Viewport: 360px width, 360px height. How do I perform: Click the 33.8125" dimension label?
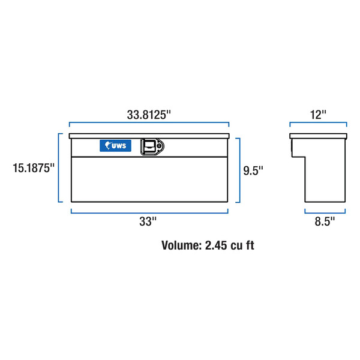coord(149,115)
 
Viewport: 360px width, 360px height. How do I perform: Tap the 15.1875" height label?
coord(34,168)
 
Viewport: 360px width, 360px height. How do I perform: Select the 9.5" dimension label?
coord(253,170)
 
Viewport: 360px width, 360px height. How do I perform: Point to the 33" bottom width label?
coord(148,221)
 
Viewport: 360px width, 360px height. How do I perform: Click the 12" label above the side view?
coord(318,115)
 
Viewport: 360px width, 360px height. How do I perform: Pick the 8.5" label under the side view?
coord(325,221)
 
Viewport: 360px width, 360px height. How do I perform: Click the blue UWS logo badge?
coord(115,146)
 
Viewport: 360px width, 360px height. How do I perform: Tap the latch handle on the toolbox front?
coord(149,147)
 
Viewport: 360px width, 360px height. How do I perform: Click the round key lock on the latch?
coord(159,146)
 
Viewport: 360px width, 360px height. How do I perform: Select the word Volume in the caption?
coord(182,245)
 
